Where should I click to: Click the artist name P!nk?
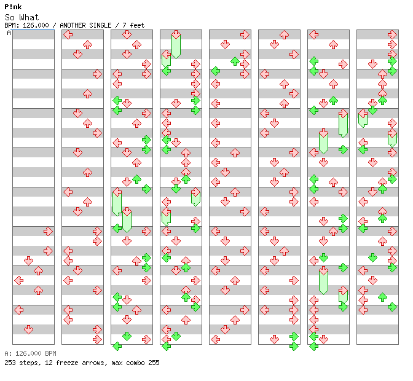click(13, 7)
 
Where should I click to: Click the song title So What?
click(22, 17)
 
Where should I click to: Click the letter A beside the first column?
click(9, 33)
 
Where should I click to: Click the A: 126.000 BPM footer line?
click(30, 353)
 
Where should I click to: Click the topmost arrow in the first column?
click(48, 232)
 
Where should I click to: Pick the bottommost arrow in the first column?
click(28, 329)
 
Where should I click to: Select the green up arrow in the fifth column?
click(235, 61)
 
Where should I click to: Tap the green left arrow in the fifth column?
click(216, 71)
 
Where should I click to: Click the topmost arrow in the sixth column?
click(284, 35)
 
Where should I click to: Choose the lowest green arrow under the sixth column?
click(294, 346)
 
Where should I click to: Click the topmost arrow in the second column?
click(68, 35)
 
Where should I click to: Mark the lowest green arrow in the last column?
click(392, 307)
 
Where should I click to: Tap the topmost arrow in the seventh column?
click(313, 35)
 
